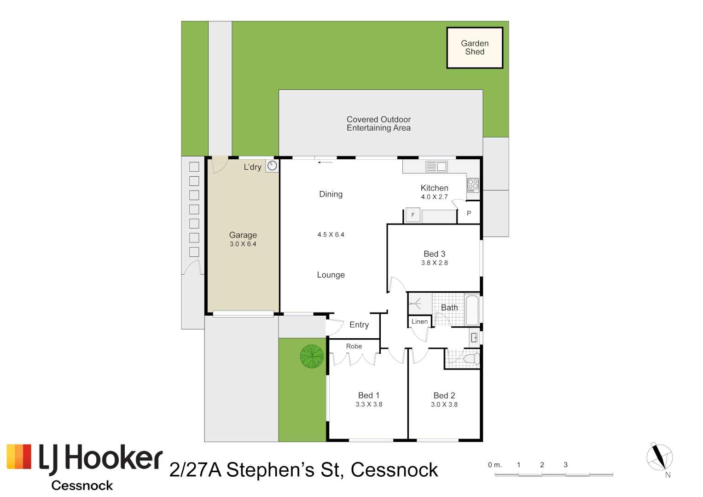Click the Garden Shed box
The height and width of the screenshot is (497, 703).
click(x=475, y=48)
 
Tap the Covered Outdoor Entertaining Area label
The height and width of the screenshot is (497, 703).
click(x=378, y=124)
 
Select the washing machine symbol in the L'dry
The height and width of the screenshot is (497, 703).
click(x=272, y=166)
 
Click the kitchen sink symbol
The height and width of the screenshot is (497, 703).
click(x=436, y=167)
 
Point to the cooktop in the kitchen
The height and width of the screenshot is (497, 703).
click(x=473, y=185)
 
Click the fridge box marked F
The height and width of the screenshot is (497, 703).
click(x=413, y=215)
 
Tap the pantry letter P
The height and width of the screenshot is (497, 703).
click(x=469, y=214)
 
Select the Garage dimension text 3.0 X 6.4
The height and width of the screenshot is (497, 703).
click(x=243, y=244)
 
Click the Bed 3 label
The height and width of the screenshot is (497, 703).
click(x=434, y=254)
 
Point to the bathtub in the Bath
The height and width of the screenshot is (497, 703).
click(x=472, y=311)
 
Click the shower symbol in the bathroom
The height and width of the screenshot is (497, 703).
click(x=416, y=303)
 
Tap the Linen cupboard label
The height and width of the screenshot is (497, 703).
click(x=419, y=322)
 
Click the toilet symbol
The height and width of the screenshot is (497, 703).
click(x=471, y=358)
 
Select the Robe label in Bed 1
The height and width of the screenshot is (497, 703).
click(x=354, y=347)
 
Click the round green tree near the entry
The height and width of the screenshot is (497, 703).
click(x=312, y=356)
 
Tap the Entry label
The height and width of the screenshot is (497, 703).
click(x=359, y=325)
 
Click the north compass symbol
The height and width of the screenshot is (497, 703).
click(x=660, y=457)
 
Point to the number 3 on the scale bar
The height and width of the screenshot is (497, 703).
click(x=566, y=465)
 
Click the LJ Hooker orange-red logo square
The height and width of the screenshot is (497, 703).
click(x=19, y=457)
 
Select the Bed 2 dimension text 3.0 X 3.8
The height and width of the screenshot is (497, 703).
click(x=444, y=405)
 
